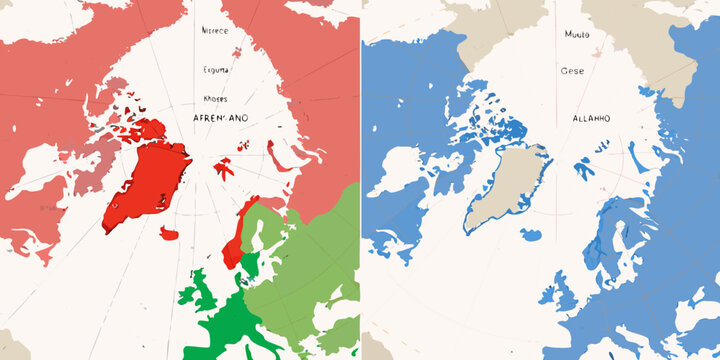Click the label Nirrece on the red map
click(x=214, y=31)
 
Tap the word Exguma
click(x=215, y=71)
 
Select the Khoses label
click(x=215, y=99)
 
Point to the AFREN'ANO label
click(x=218, y=118)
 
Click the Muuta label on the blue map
click(x=577, y=34)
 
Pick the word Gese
click(x=573, y=71)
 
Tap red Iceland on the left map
click(x=169, y=234)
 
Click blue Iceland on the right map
click(x=530, y=236)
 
